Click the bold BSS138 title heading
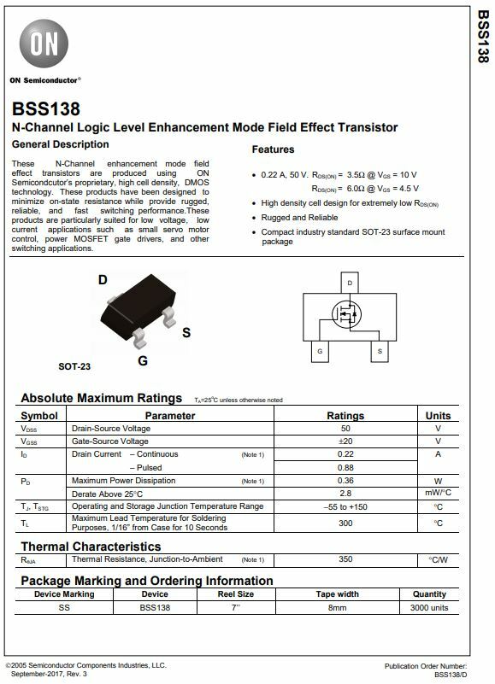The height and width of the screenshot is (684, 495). coord(46,109)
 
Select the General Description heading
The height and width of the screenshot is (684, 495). coord(60,144)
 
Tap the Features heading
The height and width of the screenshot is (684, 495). coord(273,149)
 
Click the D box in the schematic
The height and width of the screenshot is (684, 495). coord(349,283)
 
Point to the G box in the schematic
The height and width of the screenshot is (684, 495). coord(319,351)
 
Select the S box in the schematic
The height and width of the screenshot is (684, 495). coord(379,351)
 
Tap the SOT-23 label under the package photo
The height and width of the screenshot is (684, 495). coord(74,366)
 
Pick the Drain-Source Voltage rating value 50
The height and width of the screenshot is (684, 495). coord(345,428)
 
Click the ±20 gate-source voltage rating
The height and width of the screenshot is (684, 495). coord(345,441)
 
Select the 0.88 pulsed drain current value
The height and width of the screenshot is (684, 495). coord(345,467)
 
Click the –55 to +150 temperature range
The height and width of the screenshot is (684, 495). coord(345,506)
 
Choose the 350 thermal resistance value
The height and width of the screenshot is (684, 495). coord(345,559)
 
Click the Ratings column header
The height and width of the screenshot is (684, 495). coord(345,415)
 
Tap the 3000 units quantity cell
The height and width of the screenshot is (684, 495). coord(429,607)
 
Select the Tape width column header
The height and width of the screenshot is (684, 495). coord(338,594)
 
